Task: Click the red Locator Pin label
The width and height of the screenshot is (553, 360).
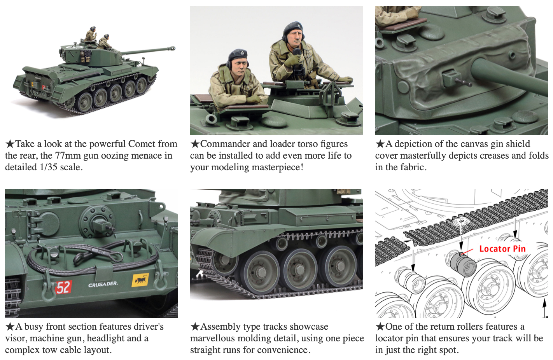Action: coord(502,249)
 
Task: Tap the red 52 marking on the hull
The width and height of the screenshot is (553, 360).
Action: coord(63,287)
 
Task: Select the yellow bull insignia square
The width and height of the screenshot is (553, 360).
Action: coord(140,280)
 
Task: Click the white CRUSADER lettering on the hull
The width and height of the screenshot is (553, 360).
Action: coord(103,285)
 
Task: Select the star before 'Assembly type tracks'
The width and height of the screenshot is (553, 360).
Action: coord(195,327)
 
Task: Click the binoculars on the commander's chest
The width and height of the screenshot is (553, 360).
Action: coord(298,71)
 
